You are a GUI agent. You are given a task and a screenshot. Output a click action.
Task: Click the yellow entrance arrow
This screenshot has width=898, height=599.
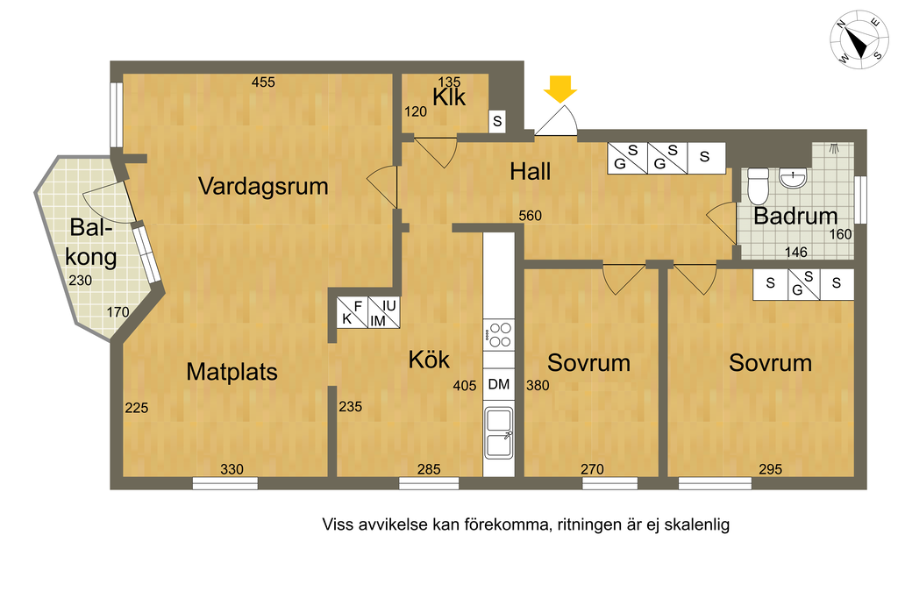click(x=560, y=89)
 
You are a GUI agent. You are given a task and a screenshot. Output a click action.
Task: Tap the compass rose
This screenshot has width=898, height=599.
click(x=859, y=39)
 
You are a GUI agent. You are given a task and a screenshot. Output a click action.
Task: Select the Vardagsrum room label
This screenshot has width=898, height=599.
click(x=263, y=187)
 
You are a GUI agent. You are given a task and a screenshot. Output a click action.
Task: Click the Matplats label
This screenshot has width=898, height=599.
click(x=232, y=372)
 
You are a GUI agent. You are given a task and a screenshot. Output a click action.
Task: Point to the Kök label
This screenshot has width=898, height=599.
click(x=429, y=360)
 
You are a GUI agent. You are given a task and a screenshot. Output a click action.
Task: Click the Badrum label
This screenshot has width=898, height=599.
click(x=795, y=216)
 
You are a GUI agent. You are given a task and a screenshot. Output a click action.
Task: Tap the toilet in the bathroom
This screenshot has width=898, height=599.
click(x=758, y=186)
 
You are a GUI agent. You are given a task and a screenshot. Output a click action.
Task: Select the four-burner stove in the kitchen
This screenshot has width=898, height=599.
click(x=499, y=335)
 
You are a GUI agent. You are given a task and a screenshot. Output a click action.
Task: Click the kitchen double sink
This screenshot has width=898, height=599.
click(x=499, y=433)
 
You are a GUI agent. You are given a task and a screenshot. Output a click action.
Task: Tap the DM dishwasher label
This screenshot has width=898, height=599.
click(x=499, y=384)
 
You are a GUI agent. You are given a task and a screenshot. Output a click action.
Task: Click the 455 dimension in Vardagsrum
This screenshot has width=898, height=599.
click(x=263, y=82)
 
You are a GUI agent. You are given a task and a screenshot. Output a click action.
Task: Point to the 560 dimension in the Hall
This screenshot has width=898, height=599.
click(x=531, y=216)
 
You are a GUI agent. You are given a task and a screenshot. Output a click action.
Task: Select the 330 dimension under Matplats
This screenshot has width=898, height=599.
click(x=232, y=469)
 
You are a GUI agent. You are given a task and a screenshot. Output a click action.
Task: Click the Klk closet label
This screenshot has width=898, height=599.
click(x=449, y=97)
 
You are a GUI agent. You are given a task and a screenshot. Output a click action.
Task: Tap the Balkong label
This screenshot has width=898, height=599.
click(x=90, y=242)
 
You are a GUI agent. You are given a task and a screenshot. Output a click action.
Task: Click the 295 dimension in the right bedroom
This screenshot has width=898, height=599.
click(x=770, y=469)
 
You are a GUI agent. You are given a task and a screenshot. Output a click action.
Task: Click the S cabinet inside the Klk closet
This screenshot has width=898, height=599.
click(x=497, y=121)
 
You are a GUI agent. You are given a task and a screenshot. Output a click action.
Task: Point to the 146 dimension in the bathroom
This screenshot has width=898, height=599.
click(x=796, y=252)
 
